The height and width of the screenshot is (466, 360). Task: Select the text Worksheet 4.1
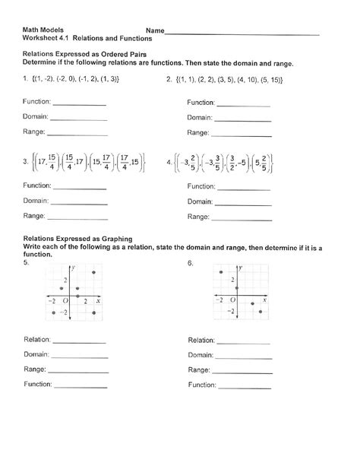[45, 38]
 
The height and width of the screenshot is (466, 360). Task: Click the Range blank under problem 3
[78, 218]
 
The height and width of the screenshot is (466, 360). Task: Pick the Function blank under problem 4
[244, 187]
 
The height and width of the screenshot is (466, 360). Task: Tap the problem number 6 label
[190, 262]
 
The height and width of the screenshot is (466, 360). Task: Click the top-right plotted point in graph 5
[93, 273]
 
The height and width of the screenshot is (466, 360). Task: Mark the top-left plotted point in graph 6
[220, 273]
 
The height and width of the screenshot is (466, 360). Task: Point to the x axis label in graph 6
[266, 302]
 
